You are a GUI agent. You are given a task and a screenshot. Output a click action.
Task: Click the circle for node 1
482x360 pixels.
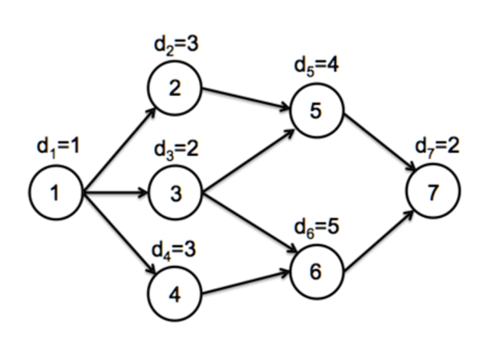click(x=56, y=193)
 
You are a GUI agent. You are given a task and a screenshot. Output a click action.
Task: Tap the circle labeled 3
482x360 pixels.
click(x=175, y=193)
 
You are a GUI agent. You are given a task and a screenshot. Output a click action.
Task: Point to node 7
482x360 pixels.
click(x=434, y=192)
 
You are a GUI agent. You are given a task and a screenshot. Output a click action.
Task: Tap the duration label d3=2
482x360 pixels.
click(x=177, y=150)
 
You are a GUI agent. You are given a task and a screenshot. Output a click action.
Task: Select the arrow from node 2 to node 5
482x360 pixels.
click(x=246, y=99)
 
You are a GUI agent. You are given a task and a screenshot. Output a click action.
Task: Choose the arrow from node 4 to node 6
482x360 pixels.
click(x=246, y=284)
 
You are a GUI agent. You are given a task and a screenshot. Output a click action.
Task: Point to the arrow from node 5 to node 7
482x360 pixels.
click(x=379, y=141)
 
